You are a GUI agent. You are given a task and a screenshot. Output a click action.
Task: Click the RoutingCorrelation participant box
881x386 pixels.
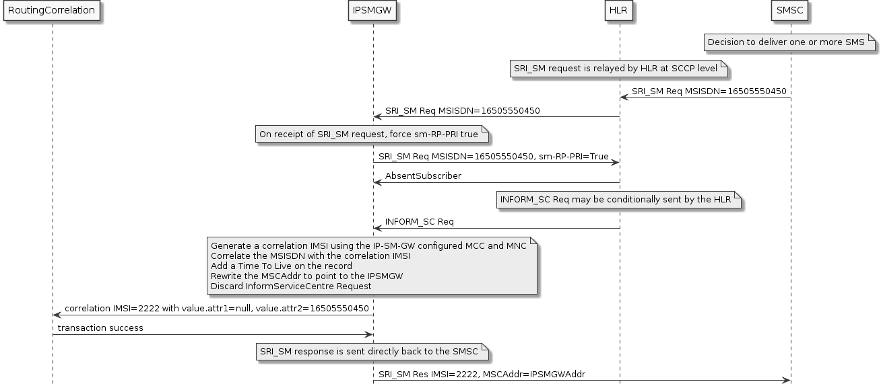(52, 11)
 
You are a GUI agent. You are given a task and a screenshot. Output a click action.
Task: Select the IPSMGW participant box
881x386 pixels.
(372, 11)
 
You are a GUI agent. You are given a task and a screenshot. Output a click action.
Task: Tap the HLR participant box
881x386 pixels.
(620, 11)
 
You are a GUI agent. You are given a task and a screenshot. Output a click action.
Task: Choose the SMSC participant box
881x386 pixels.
(790, 11)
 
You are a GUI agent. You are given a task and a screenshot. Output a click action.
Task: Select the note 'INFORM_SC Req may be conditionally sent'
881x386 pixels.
(615, 200)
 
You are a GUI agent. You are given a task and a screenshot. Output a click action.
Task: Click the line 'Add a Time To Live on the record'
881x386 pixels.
(282, 266)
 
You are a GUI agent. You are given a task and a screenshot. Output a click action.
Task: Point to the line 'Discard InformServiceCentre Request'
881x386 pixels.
(291, 286)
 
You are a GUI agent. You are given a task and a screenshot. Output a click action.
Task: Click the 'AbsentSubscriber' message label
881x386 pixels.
(423, 176)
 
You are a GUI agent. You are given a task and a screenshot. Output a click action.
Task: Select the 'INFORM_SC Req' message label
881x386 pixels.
(419, 221)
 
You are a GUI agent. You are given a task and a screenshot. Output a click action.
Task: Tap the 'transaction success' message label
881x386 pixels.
(100, 327)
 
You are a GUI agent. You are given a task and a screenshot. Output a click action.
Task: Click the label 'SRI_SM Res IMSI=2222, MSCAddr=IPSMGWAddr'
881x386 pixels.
(486, 373)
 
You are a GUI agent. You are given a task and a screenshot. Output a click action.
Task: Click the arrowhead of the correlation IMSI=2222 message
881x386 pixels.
(57, 315)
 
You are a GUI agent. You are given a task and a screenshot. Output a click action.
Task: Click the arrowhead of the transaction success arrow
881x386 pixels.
(368, 334)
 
